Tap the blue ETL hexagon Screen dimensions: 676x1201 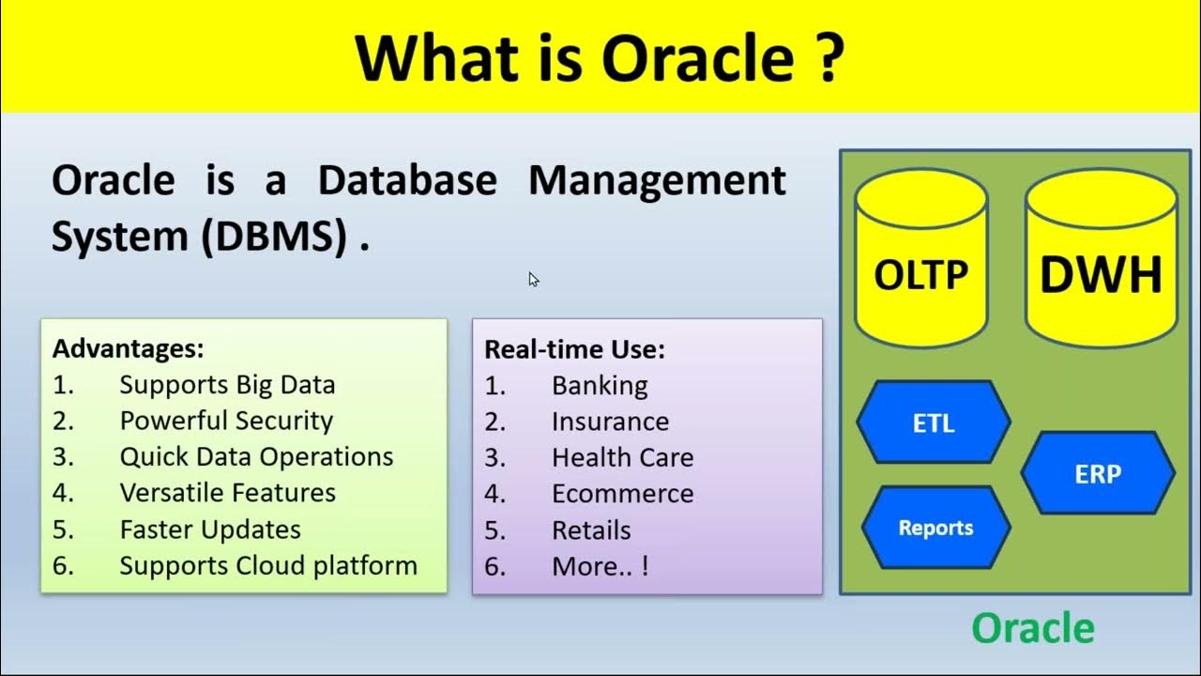[934, 422]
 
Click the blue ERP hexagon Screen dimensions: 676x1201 [1097, 473]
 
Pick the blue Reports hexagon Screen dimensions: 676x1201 [935, 528]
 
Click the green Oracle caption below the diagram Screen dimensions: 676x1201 [1032, 628]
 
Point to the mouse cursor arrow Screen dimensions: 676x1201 [533, 279]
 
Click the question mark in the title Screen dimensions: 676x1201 [827, 58]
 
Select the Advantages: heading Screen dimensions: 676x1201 [129, 349]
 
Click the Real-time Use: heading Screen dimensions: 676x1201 [574, 349]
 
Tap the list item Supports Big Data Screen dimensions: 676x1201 [227, 385]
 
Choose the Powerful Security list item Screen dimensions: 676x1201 [226, 421]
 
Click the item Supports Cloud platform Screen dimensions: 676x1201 [268, 565]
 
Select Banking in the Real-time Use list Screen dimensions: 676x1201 [600, 386]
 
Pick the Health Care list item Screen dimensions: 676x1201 [622, 457]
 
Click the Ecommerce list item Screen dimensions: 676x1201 [622, 493]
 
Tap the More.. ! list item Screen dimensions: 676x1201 [600, 566]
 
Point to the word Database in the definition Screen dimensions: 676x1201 [407, 180]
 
